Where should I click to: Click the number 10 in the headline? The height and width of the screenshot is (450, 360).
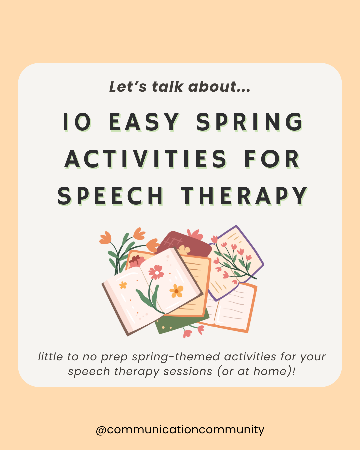pos(77,122)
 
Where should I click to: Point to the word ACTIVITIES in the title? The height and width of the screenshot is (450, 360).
pos(146,159)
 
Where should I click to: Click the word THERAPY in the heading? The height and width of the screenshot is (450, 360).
pos(244,196)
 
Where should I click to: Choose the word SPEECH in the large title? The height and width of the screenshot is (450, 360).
pos(110,196)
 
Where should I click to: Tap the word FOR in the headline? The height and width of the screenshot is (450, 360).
pos(272,159)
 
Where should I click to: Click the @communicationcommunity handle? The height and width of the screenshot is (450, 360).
pos(180,429)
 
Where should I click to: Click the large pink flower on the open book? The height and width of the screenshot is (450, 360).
pos(156,272)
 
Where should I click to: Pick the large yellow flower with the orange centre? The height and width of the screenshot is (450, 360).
pos(176,291)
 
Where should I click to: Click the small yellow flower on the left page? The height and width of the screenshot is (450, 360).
pos(123,285)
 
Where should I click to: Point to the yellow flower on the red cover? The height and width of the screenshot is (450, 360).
pos(184,249)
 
